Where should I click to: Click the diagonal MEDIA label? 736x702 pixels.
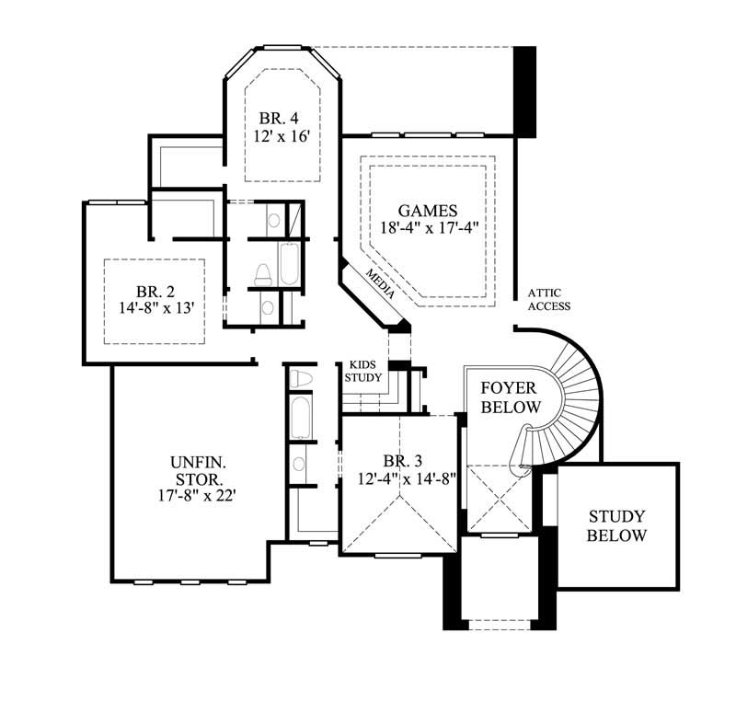381,285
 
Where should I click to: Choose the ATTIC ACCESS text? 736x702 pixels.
548,301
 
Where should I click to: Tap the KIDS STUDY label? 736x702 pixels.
360,370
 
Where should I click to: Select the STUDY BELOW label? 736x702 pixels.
617,526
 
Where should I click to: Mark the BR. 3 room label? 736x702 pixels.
398,461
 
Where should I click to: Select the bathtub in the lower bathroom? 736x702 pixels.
301,419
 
